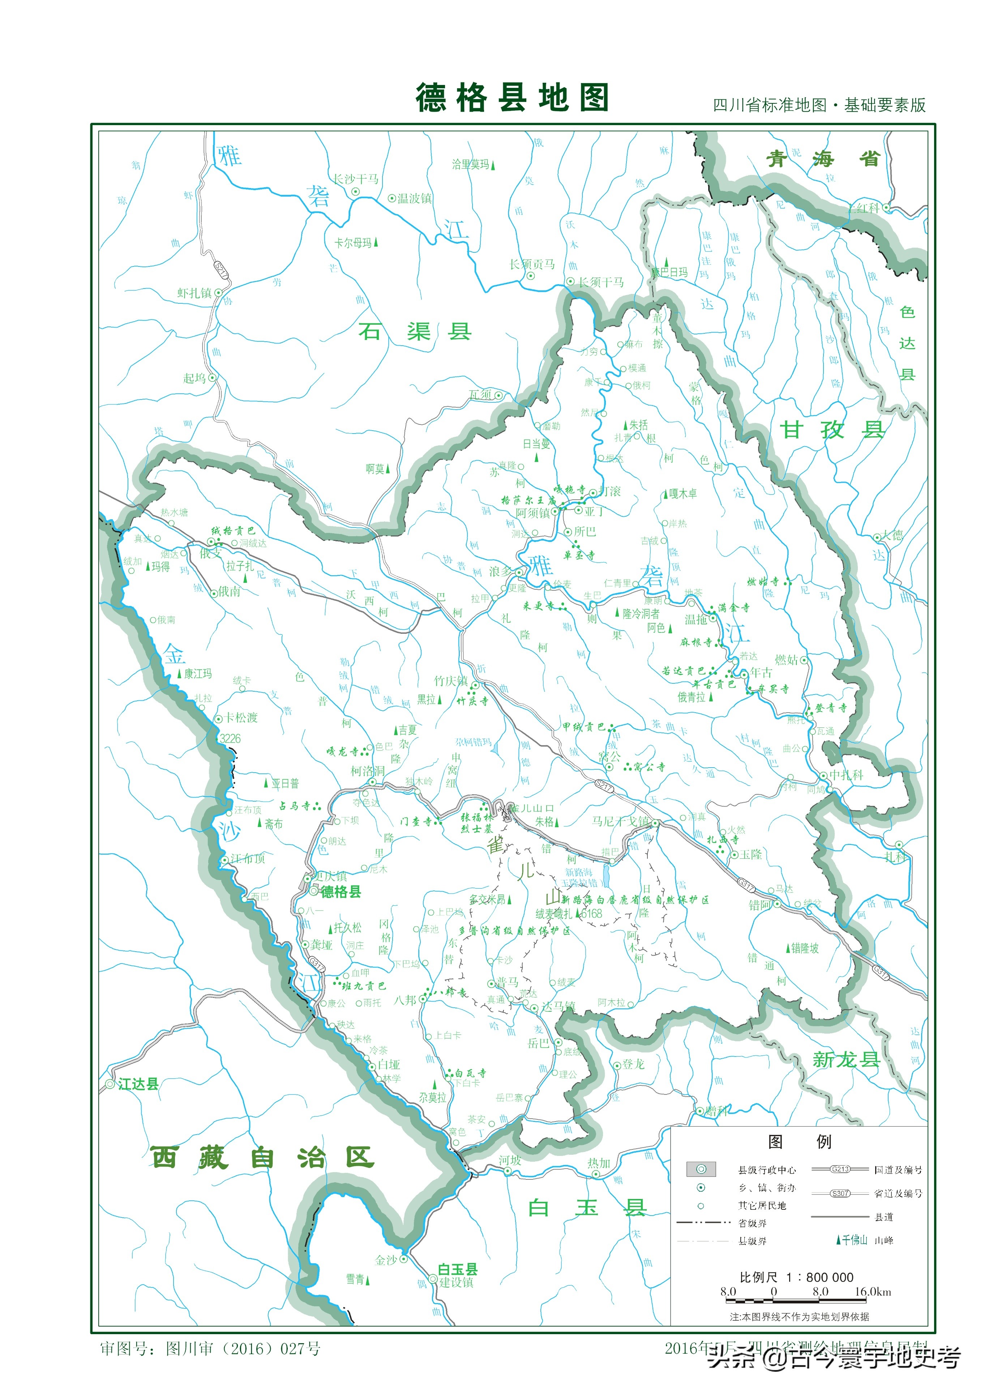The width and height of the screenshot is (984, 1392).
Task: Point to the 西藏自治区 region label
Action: (x=262, y=1158)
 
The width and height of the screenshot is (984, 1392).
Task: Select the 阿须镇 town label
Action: (x=532, y=513)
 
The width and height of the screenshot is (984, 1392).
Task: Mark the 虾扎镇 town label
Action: (x=194, y=293)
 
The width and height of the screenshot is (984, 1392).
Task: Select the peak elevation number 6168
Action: (x=591, y=913)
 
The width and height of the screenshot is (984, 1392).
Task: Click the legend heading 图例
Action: (x=799, y=1141)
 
